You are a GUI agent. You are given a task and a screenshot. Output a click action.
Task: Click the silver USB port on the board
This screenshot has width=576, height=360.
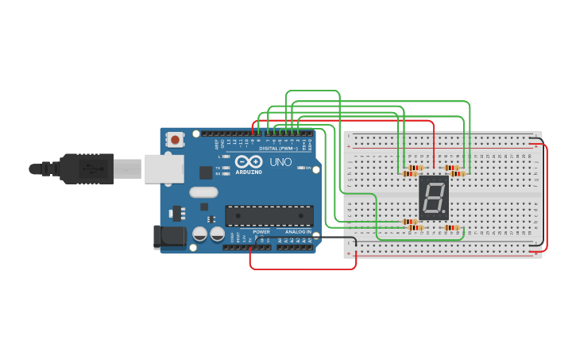pyautogui.click(x=164, y=168)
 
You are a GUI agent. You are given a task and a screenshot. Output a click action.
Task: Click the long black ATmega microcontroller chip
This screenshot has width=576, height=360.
pyautogui.click(x=269, y=215)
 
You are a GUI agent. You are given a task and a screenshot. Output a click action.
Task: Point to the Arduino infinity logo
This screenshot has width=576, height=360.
pyautogui.click(x=248, y=161)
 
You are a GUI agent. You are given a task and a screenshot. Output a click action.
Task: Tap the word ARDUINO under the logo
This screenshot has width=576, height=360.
pyautogui.click(x=248, y=172)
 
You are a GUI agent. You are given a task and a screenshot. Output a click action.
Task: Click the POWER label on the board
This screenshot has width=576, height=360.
pyautogui.click(x=261, y=232)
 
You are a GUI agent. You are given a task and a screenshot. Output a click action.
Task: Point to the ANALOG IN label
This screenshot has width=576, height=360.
pyautogui.click(x=298, y=232)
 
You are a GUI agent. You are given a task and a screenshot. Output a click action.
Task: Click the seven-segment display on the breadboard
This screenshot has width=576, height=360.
pyautogui.click(x=434, y=197)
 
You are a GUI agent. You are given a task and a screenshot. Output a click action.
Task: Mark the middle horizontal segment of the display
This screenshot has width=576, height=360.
pyautogui.click(x=434, y=198)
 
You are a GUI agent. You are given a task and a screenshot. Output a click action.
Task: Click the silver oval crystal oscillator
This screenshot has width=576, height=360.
pyautogui.click(x=203, y=192)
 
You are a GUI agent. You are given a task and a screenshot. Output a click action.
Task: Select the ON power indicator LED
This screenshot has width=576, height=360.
pyautogui.click(x=300, y=168)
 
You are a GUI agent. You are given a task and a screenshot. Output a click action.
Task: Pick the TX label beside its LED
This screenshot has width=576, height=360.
pyautogui.click(x=218, y=168)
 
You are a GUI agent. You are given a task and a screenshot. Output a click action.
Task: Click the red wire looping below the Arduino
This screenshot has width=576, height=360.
pyautogui.click(x=302, y=269)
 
